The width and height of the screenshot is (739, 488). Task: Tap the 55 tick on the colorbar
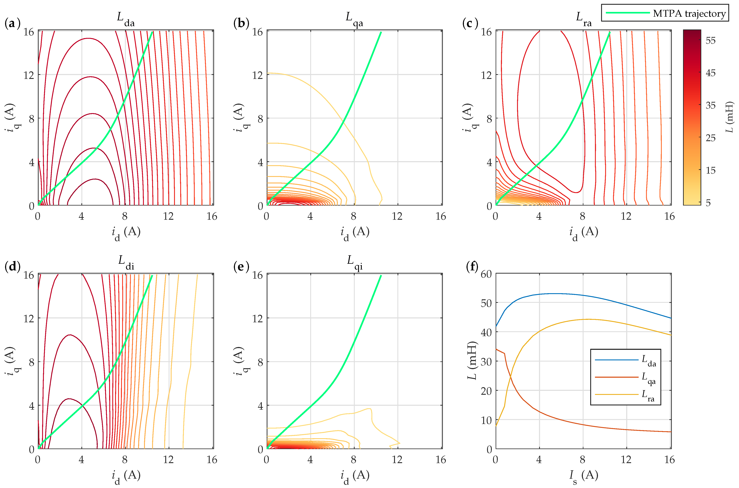coord(710,41)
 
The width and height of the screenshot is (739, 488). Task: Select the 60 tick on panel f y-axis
coord(486,274)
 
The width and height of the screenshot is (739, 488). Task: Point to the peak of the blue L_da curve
coord(553,294)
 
